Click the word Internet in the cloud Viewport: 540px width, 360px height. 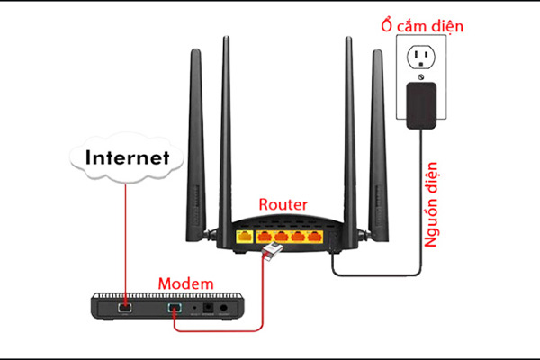[128, 157]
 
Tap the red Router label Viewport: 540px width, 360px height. [283, 204]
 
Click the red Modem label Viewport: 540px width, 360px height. [186, 283]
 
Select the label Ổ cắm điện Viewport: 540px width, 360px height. [422, 26]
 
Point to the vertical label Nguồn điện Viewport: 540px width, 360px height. [431, 204]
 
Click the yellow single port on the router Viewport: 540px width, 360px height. [245, 237]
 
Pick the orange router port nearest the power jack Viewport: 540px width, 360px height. [315, 237]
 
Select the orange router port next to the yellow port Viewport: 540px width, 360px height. [264, 237]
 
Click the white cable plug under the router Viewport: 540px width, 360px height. [273, 250]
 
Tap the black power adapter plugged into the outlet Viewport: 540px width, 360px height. [421, 105]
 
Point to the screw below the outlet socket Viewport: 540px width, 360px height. [420, 77]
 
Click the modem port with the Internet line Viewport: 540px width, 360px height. [125, 308]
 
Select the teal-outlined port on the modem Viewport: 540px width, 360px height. [175, 308]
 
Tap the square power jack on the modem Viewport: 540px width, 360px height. [208, 308]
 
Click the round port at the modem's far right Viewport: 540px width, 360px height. [224, 308]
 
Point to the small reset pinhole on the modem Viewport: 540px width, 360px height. [195, 308]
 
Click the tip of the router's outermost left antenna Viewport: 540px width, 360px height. [195, 50]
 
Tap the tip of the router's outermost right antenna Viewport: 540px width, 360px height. [377, 50]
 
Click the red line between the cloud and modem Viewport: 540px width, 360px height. [125, 245]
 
